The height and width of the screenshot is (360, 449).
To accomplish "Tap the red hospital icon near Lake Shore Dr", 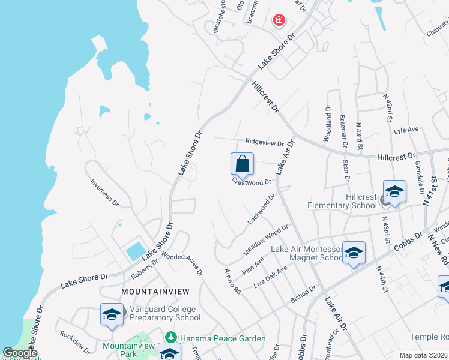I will coord(279,21).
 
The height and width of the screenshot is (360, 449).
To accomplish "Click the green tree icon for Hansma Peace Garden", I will coord(171,338).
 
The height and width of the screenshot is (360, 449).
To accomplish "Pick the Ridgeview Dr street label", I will coord(264,142).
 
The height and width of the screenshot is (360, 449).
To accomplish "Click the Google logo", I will coord(20,353).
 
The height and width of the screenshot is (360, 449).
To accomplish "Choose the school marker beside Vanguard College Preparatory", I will coord(112,316).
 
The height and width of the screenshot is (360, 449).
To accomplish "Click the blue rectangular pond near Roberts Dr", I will coord(135,250).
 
